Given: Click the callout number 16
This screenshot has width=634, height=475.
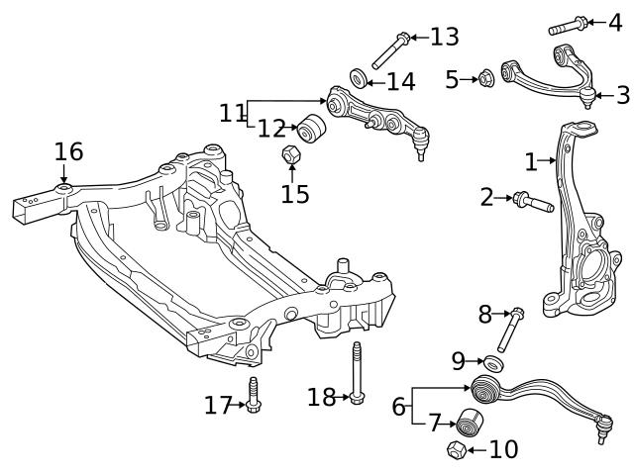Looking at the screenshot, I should click(68, 151).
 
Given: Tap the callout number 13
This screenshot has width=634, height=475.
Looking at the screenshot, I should click(445, 38).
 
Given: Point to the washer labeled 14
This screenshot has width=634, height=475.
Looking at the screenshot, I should click(359, 77).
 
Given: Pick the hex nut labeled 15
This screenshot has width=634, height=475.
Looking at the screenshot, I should click(291, 154).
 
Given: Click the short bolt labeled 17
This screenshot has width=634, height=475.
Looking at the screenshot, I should click(253, 396).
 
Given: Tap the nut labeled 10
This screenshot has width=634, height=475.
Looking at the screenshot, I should click(457, 450).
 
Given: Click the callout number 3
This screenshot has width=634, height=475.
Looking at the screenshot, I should click(622, 95).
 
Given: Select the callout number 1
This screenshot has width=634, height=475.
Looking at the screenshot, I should click(531, 161).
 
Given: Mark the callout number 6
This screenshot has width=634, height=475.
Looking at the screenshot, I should click(398, 407).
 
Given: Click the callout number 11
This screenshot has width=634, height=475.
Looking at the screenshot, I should click(232, 112).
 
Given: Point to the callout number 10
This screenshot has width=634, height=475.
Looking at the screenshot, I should click(503, 450).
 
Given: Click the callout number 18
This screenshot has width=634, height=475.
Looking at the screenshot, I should click(321, 398).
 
